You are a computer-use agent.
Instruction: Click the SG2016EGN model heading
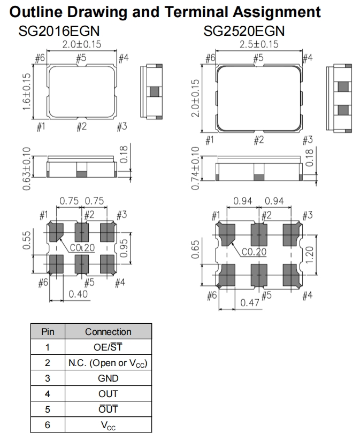click(x=59, y=31)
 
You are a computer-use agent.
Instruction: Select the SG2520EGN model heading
click(x=244, y=31)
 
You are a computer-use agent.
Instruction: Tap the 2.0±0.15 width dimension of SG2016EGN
click(x=81, y=44)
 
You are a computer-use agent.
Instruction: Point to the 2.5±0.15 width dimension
click(x=259, y=44)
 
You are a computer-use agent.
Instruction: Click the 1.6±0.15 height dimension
click(x=26, y=92)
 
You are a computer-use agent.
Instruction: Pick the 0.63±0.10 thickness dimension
click(x=26, y=168)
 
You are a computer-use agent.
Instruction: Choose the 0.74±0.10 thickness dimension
click(x=195, y=168)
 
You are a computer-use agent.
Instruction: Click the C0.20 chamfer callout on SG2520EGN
click(x=254, y=252)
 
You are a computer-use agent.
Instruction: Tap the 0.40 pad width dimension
click(x=78, y=294)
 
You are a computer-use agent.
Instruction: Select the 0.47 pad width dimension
click(x=250, y=303)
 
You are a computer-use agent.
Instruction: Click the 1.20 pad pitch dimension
click(x=309, y=255)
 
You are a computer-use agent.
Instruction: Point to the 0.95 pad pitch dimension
click(x=124, y=248)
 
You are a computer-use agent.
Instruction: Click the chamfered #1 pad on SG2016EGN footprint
click(x=56, y=232)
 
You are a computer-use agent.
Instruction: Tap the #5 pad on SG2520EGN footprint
click(x=259, y=275)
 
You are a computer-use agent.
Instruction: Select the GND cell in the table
click(x=108, y=378)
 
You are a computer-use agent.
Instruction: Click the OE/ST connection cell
click(x=108, y=347)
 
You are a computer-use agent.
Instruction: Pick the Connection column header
click(x=108, y=332)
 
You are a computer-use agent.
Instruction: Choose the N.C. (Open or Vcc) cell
click(x=108, y=363)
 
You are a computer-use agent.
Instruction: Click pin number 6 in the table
click(x=48, y=425)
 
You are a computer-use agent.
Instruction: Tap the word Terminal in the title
click(x=196, y=12)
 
